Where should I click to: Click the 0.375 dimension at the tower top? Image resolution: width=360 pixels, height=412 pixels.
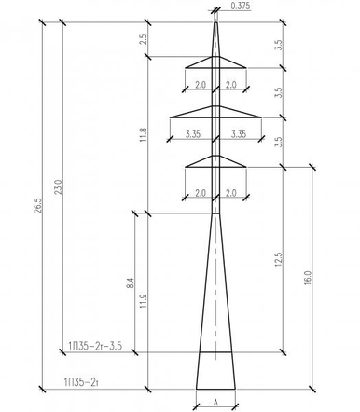pyautogui.click(x=241, y=7)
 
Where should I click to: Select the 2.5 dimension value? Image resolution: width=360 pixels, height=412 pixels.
pyautogui.click(x=144, y=39)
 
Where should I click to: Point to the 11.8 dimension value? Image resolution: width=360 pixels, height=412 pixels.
pyautogui.click(x=144, y=134)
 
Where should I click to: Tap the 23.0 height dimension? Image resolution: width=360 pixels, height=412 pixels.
pyautogui.click(x=59, y=186)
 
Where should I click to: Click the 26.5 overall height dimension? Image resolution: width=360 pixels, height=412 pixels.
pyautogui.click(x=37, y=205)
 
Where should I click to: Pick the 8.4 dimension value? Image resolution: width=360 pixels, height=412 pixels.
pyautogui.click(x=131, y=282)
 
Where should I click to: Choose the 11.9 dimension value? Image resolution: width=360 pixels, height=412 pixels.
pyautogui.click(x=144, y=300)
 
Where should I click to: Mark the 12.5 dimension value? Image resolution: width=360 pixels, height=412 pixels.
pyautogui.click(x=278, y=259)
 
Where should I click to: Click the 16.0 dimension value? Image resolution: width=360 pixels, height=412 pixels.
pyautogui.click(x=308, y=278)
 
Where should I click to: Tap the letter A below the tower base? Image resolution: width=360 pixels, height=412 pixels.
pyautogui.click(x=215, y=403)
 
